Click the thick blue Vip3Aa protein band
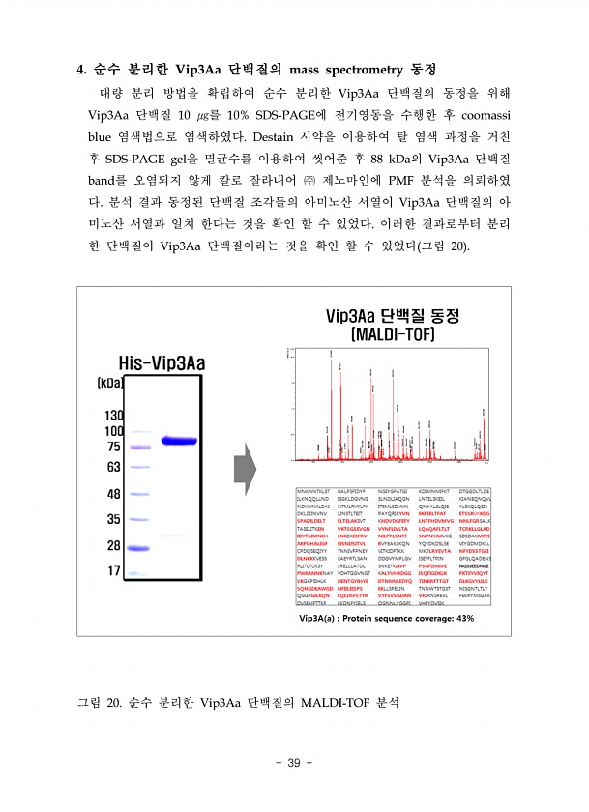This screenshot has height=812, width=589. (x=185, y=441)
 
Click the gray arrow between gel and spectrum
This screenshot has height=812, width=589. (x=245, y=468)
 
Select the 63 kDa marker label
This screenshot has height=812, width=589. (x=112, y=467)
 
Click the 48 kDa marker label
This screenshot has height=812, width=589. (x=112, y=495)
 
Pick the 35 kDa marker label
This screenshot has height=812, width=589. (x=112, y=519)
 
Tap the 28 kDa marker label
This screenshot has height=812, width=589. (x=112, y=545)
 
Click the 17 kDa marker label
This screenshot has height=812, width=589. (x=112, y=570)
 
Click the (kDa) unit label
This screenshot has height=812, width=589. (x=109, y=383)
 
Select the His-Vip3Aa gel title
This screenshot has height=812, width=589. (x=162, y=363)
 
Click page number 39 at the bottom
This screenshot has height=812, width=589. (x=294, y=763)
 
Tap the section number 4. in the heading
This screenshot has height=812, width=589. (x=82, y=70)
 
